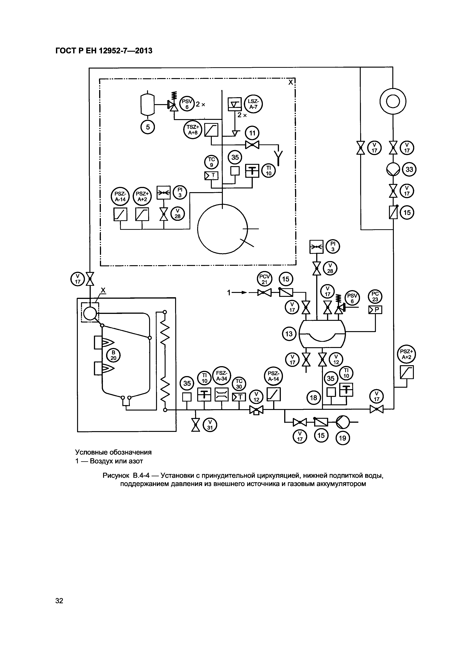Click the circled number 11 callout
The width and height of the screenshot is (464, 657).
[x=252, y=133]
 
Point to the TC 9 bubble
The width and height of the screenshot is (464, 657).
[x=211, y=162]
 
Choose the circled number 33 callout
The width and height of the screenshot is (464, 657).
[x=409, y=170]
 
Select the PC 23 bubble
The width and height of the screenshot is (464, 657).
[x=375, y=297]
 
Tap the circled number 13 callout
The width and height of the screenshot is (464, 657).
[x=289, y=334]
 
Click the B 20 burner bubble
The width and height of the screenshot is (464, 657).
[x=113, y=356]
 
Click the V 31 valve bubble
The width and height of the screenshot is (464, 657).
[x=210, y=425]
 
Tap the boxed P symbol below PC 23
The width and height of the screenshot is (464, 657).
[x=375, y=310]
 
